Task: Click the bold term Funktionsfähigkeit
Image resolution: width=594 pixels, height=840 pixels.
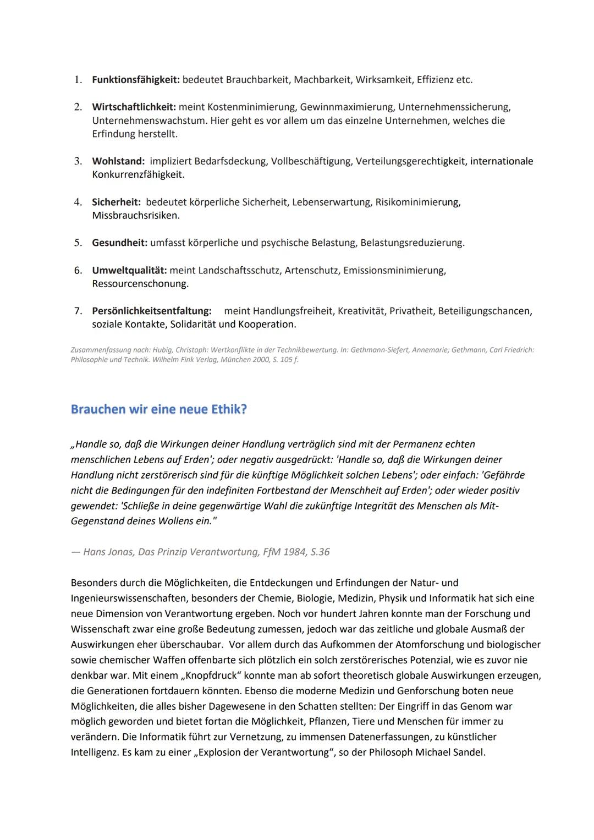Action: (x=135, y=80)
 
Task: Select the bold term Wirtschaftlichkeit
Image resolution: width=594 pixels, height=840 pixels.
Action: (x=134, y=107)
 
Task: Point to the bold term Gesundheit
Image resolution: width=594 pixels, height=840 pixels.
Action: (x=119, y=243)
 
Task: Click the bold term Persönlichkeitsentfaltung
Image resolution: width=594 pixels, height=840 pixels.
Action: (x=152, y=311)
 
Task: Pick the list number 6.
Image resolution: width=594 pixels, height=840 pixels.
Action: (x=78, y=270)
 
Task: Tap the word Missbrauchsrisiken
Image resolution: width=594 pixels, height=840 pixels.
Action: (x=136, y=216)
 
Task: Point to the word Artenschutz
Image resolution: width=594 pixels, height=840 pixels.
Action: (x=311, y=270)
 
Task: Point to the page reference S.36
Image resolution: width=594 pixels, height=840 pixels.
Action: (x=320, y=552)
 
